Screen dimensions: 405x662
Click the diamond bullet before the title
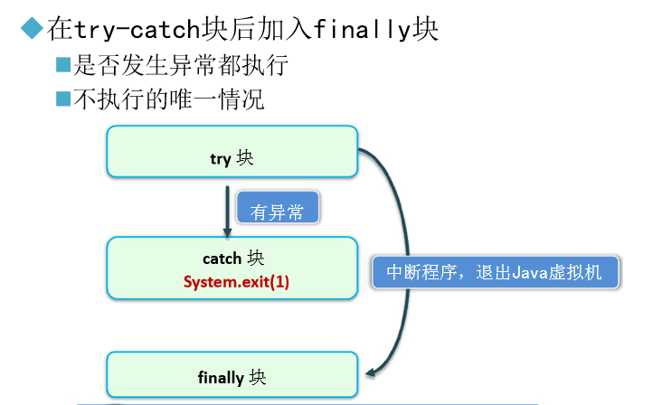33,29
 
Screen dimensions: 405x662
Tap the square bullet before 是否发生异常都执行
62,65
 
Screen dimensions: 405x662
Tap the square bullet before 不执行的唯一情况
62,99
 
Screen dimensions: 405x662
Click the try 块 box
232,152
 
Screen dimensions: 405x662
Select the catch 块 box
232,268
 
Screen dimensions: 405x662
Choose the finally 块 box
232,374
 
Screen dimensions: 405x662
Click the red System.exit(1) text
236,281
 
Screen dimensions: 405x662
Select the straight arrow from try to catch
226,208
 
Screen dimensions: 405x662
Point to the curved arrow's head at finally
371,373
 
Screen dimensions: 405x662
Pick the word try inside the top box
220,159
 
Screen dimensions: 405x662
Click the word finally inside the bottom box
221,378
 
